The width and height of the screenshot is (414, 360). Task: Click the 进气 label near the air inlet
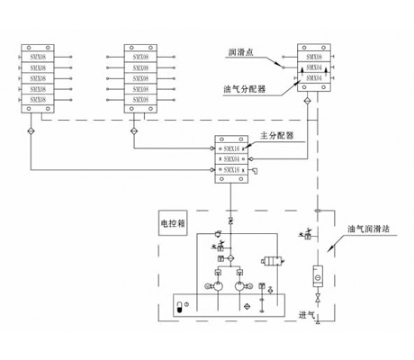(x=305, y=314)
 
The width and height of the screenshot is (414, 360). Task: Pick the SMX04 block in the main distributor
(x=231, y=157)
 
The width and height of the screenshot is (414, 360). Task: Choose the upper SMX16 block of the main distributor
(x=231, y=146)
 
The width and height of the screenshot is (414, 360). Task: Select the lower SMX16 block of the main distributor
(x=231, y=169)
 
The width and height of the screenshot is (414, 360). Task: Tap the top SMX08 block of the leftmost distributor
(x=38, y=57)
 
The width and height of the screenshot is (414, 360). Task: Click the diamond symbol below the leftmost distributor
(x=30, y=132)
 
